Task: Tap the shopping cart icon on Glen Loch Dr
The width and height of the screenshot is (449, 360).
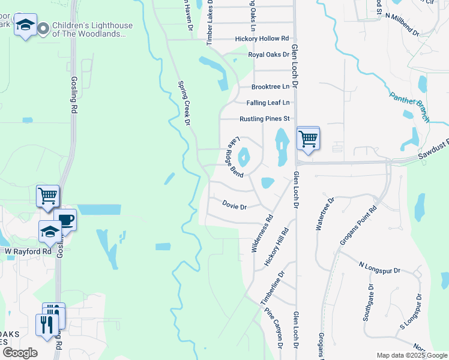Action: click(x=308, y=139)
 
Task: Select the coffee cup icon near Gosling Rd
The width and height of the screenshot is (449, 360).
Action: click(x=65, y=220)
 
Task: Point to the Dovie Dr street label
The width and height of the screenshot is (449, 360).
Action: click(x=235, y=206)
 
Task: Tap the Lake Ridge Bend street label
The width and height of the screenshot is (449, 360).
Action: click(x=235, y=158)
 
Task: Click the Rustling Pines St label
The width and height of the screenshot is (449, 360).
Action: click(x=265, y=119)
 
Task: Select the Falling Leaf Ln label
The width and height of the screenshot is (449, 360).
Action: click(x=268, y=103)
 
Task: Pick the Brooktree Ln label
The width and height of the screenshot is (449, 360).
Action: click(x=271, y=87)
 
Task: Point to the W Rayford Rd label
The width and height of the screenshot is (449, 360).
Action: click(x=28, y=251)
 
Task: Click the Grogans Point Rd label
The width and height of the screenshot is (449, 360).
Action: click(x=365, y=223)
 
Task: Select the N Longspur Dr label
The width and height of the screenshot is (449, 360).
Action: click(x=379, y=268)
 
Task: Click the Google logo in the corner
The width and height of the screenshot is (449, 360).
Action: click(x=20, y=353)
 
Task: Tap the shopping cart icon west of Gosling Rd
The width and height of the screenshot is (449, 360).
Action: click(x=47, y=196)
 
